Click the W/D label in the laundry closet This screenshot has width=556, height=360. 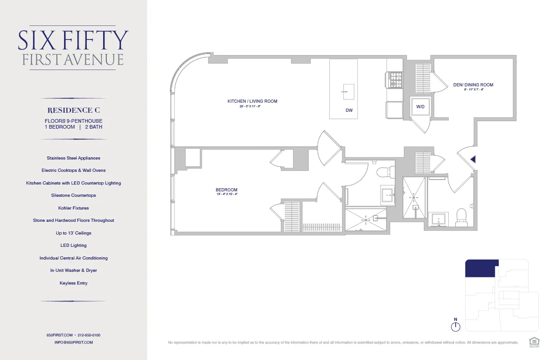[x=420, y=107]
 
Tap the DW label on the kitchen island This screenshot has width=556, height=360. [x=349, y=110]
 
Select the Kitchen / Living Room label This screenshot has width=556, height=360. [x=252, y=101]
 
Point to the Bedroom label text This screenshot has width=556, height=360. [x=226, y=190]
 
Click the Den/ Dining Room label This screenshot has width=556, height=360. [x=473, y=85]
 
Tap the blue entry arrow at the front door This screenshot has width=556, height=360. [x=473, y=159]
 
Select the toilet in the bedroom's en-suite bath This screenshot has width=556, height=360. [x=382, y=172]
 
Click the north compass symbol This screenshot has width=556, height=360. [x=456, y=326]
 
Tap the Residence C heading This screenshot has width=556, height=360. [x=74, y=110]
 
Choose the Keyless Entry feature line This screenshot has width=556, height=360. [x=74, y=283]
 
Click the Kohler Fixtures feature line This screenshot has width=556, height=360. [x=74, y=208]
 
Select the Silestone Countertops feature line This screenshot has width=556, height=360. [x=74, y=195]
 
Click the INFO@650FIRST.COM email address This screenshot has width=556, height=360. [x=74, y=342]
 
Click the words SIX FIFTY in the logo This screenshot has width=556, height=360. [x=73, y=40]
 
